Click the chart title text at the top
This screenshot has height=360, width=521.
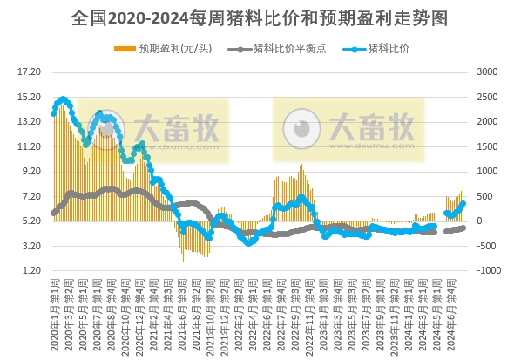click(x=260, y=17)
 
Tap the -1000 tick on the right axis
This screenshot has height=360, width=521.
click(x=488, y=271)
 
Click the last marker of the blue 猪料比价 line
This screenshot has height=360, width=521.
click(x=463, y=203)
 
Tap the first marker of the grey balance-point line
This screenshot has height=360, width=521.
click(x=54, y=213)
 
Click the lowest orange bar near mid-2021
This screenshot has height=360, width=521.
click(x=183, y=261)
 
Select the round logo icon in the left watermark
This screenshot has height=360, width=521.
click(x=104, y=130)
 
